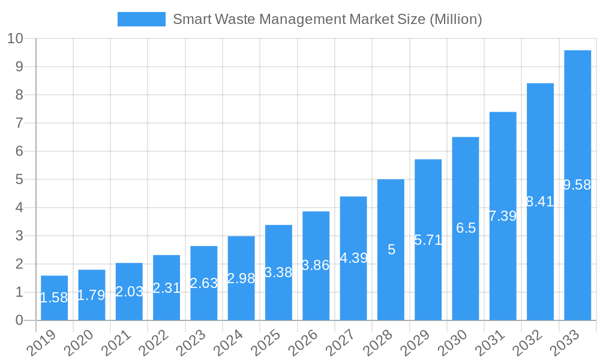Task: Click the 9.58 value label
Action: [577, 185]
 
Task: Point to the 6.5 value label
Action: [466, 228]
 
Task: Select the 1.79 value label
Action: [92, 295]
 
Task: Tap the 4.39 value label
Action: [353, 258]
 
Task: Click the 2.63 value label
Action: [204, 283]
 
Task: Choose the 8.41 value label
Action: [540, 202]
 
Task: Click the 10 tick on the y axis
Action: [15, 38]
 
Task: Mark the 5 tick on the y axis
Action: [19, 179]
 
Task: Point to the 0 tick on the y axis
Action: [19, 320]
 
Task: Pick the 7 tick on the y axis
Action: [19, 123]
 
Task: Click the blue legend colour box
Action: [141, 19]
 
